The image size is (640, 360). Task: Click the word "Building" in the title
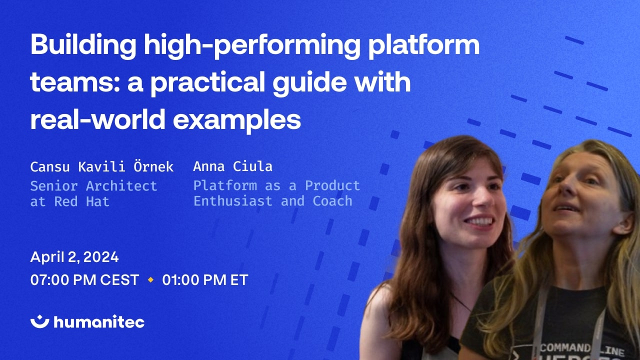[83, 46]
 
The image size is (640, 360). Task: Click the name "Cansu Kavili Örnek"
[101, 166]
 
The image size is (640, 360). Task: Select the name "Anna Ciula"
[232, 166]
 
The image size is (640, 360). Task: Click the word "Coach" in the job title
[332, 201]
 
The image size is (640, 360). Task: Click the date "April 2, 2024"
[74, 257]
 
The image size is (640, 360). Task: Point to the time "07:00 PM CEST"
[84, 280]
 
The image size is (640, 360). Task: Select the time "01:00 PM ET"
[205, 280]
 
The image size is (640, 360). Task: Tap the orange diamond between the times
[150, 280]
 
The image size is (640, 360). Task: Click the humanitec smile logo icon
[39, 321]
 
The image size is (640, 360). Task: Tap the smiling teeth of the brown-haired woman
[479, 220]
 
